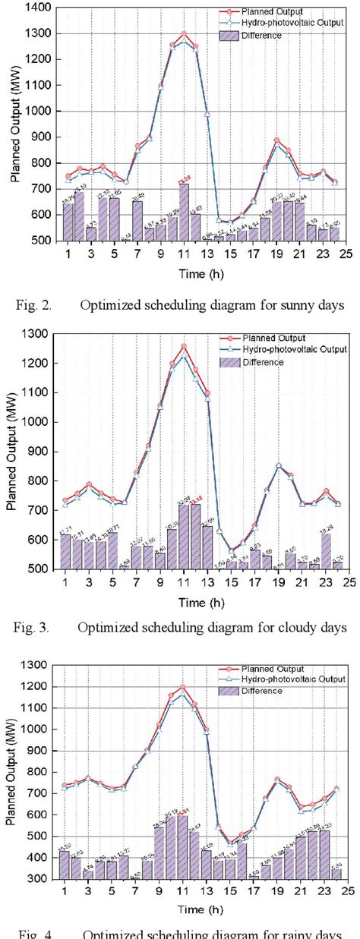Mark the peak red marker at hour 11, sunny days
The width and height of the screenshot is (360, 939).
click(183, 34)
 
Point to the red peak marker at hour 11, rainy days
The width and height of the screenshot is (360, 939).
click(183, 686)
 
